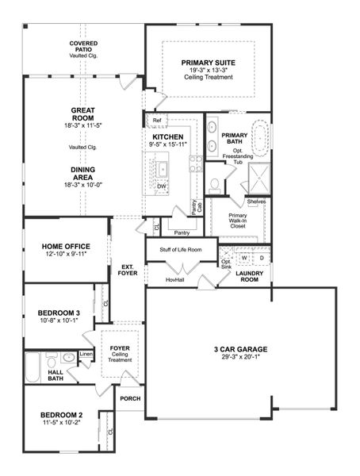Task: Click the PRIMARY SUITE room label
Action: coord(209,62)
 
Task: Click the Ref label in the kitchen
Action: coord(157,121)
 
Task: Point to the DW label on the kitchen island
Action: coord(161,186)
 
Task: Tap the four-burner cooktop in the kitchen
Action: coord(194,164)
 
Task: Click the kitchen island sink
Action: coord(162,168)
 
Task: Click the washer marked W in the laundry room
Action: coord(244,258)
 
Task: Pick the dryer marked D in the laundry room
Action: coord(262,258)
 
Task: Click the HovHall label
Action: coord(176,279)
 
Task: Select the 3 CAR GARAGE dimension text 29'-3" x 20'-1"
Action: coord(239,358)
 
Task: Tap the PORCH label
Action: coord(129,398)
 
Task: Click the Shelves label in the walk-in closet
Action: coord(256,202)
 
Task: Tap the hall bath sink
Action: coord(69,359)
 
